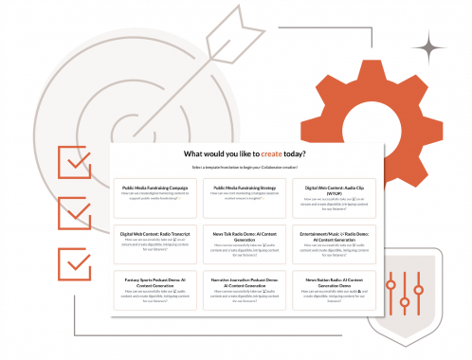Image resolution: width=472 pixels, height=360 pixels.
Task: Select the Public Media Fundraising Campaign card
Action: (153, 194)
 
